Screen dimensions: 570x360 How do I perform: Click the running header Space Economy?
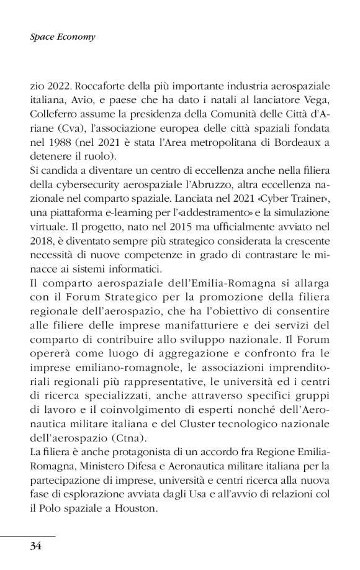pos(62,37)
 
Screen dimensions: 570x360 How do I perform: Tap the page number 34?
pos(35,546)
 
